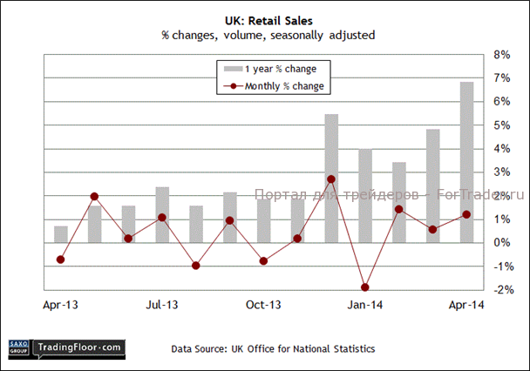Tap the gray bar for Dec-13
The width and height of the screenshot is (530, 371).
331,174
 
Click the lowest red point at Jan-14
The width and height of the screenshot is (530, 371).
365,287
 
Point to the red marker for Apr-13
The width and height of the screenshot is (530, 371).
61,260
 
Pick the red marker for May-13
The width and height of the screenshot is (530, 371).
95,197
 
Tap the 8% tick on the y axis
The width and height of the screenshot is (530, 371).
503,54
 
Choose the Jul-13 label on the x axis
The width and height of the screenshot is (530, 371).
162,305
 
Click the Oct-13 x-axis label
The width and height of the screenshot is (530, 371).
263,305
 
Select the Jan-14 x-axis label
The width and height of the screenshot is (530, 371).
365,305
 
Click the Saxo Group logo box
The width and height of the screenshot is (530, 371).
17,347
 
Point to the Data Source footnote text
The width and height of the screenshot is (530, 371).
273,349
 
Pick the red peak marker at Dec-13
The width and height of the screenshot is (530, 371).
331,179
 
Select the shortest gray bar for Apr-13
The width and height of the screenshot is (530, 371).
61,233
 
